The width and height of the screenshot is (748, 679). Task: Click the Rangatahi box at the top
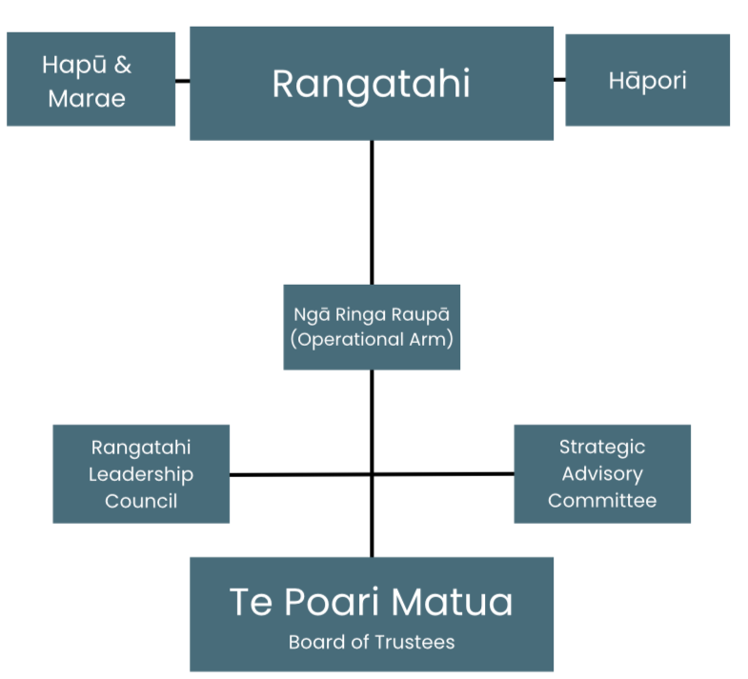[x=372, y=83]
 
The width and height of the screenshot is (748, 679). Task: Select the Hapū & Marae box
[x=91, y=79]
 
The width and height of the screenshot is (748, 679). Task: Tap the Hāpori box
[x=647, y=80]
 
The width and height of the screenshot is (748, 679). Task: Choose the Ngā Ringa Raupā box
[x=372, y=327]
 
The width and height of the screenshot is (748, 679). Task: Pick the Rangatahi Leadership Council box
[x=141, y=473]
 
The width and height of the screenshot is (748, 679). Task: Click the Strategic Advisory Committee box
[x=602, y=473]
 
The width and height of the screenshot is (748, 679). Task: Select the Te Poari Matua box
[x=372, y=613]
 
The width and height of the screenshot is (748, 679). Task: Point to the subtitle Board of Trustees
[x=372, y=642]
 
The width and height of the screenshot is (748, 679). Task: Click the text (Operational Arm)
[x=372, y=338]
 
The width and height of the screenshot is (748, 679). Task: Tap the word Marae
[x=87, y=98]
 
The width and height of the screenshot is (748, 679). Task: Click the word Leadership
[x=141, y=474]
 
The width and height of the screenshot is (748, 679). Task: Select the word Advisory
[x=602, y=473]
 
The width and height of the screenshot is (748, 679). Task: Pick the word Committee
[x=602, y=500]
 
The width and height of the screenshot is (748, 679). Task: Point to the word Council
[x=141, y=501]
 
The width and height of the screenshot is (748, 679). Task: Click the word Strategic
[x=602, y=447]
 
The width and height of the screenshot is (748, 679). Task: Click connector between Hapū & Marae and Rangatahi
[x=182, y=80]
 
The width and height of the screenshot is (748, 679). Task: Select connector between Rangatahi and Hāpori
[x=559, y=80]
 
